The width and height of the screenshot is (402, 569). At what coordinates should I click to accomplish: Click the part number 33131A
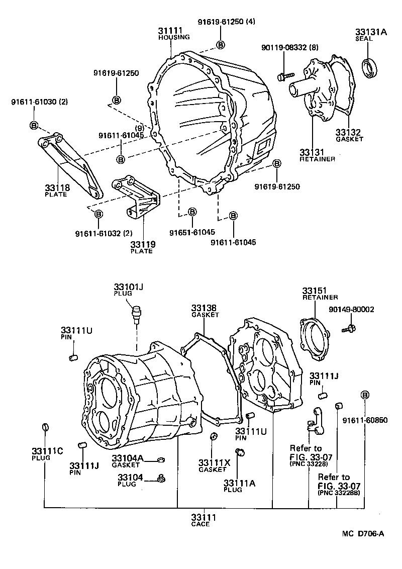371,32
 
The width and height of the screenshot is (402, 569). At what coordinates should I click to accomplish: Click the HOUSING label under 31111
174,37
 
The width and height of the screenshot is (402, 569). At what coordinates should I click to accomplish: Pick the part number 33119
143,244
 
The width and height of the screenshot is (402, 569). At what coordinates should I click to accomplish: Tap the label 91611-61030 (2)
39,102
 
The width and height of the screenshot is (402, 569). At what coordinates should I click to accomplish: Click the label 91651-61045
192,232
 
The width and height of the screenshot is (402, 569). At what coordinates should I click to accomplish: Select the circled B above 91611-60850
365,395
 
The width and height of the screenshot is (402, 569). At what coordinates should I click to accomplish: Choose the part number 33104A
128,458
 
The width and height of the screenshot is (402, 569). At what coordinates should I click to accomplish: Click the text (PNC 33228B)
340,494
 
